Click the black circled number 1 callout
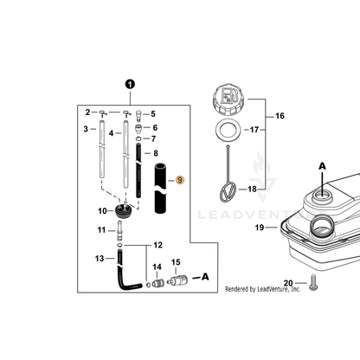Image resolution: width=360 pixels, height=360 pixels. pyautogui.click(x=130, y=85)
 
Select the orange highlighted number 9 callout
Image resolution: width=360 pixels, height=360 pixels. pyautogui.click(x=180, y=180)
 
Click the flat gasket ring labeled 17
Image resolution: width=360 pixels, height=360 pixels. pyautogui.click(x=228, y=130)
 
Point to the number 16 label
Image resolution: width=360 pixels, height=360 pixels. pyautogui.click(x=280, y=116)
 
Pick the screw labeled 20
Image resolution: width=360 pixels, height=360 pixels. pyautogui.click(x=313, y=283)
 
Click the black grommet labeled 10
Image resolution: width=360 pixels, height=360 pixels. pyautogui.click(x=123, y=211)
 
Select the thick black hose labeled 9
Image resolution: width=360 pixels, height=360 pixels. pyautogui.click(x=160, y=188)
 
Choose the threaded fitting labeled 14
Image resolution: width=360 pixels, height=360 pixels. pyautogui.click(x=158, y=283)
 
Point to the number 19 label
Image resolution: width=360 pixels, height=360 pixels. pyautogui.click(x=260, y=228)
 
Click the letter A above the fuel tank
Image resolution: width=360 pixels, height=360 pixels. pyautogui.click(x=322, y=166)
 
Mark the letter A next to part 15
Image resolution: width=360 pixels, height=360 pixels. pyautogui.click(x=205, y=277)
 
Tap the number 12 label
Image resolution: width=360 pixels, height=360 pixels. pyautogui.click(x=157, y=245)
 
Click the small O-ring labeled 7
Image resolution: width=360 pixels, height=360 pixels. pyautogui.click(x=138, y=138)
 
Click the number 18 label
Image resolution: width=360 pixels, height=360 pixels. pyautogui.click(x=252, y=190)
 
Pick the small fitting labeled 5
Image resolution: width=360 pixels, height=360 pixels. pyautogui.click(x=138, y=114)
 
